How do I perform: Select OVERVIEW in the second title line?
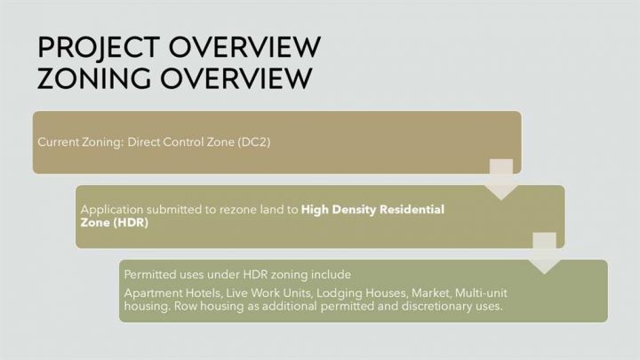tap(236, 78)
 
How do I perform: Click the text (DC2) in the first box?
tap(254, 142)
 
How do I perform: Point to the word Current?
tap(59, 142)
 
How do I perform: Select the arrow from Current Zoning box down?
tap(501, 180)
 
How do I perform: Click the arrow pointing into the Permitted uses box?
tap(544, 253)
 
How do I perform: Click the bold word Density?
tap(353, 210)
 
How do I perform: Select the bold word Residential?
tap(412, 210)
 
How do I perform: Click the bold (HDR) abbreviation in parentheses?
tap(131, 223)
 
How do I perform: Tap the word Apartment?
tap(154, 293)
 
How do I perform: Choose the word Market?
tap(431, 293)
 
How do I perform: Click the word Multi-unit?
tap(481, 293)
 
